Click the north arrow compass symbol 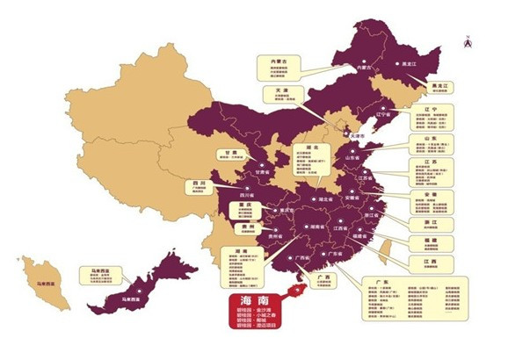click(471, 38)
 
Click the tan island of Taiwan click(381, 250)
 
